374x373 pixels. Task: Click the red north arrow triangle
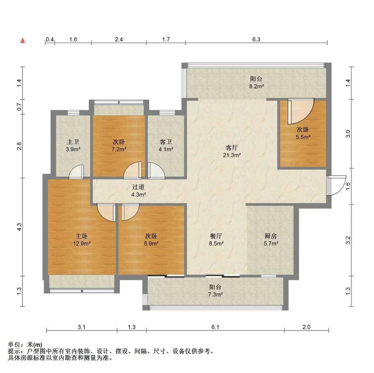tap(23, 41)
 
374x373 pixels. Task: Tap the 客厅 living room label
tap(231, 148)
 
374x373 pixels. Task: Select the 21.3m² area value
tap(232, 155)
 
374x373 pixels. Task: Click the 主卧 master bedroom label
tap(81, 236)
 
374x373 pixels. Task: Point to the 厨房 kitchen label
tap(270, 236)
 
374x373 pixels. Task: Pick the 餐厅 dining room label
tap(216, 236)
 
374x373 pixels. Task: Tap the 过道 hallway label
tap(138, 187)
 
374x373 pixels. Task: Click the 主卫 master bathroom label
tap(73, 142)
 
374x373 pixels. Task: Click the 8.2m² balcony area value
tap(257, 86)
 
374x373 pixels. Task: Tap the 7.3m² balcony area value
tap(215, 294)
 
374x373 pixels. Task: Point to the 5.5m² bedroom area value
tap(303, 137)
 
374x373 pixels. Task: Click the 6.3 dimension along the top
tap(256, 39)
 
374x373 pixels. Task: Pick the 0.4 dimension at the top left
tap(50, 39)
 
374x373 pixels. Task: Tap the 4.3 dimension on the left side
tap(19, 227)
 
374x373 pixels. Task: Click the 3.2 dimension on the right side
tap(348, 240)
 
